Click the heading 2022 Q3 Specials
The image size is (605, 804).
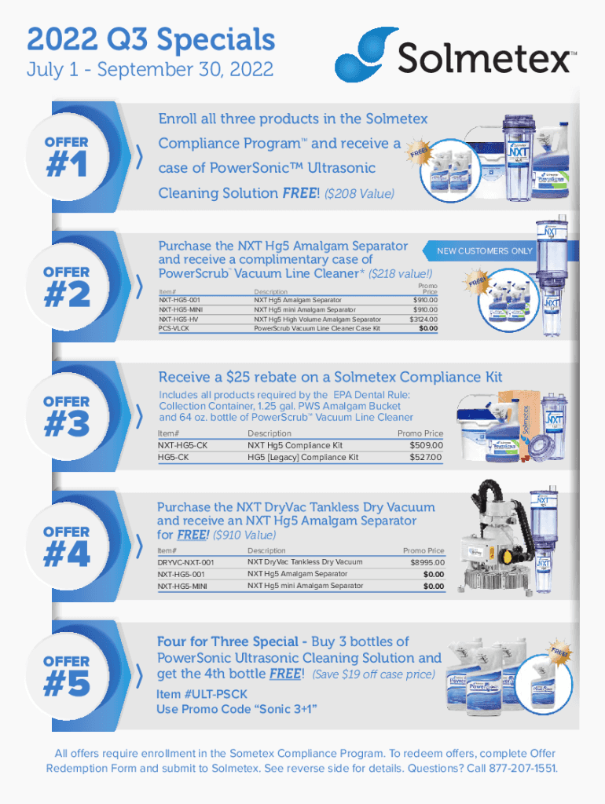pos(151,38)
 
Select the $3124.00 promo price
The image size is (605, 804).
pos(423,319)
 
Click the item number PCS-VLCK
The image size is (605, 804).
pos(174,328)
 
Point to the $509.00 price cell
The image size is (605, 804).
pos(426,445)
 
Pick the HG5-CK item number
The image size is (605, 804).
pos(173,457)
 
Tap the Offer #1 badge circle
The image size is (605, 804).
pos(67,157)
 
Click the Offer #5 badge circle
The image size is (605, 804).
pos(67,676)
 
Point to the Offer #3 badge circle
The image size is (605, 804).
pos(67,416)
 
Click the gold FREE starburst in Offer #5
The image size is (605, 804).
pos(559,652)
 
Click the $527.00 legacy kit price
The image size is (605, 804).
pos(426,457)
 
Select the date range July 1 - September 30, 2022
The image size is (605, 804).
pos(150,70)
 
